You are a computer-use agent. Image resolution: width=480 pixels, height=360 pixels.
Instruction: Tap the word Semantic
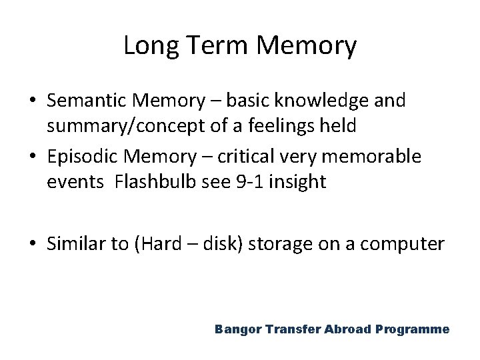tap(90, 102)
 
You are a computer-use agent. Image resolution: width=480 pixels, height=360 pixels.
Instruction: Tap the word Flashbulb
tap(147, 183)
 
